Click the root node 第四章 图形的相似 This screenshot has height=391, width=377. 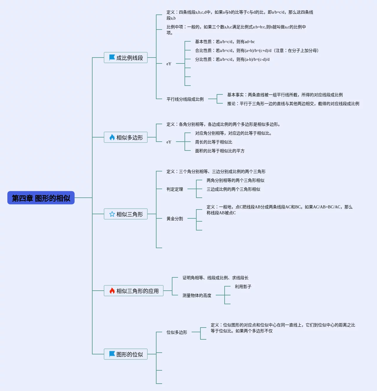click(x=41, y=198)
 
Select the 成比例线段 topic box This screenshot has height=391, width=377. click(x=126, y=58)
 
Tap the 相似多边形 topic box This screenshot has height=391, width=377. click(x=126, y=137)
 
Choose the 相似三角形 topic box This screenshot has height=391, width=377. click(x=126, y=214)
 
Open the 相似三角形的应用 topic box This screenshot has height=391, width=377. click(x=134, y=291)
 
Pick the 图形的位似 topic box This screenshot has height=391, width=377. click(x=126, y=354)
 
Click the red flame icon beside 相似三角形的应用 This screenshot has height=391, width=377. click(x=112, y=291)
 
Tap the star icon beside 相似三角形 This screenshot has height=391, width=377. click(x=112, y=214)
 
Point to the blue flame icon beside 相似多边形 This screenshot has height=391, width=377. click(x=112, y=137)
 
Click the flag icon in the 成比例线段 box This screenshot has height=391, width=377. click(x=112, y=58)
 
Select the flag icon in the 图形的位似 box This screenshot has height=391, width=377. click(x=112, y=354)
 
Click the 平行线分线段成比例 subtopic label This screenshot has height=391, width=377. click(x=185, y=99)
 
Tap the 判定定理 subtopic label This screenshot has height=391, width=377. click(x=175, y=189)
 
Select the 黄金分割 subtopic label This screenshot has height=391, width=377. click(x=175, y=219)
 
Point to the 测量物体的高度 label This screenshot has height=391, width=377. click(x=197, y=295)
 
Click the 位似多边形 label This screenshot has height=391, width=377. click(x=177, y=332)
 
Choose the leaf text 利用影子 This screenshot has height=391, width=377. click(x=243, y=287)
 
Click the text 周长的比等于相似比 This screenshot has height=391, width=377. click(x=214, y=142)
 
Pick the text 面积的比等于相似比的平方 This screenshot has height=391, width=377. click(x=220, y=151)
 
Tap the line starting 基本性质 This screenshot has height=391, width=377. click(x=225, y=42)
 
